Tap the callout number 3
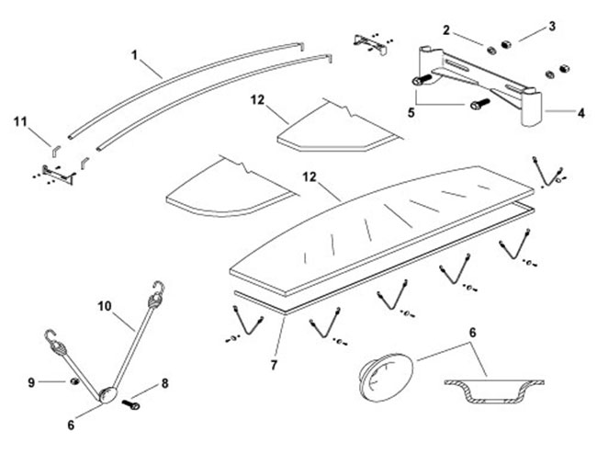click(x=552, y=27)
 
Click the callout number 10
click(x=101, y=302)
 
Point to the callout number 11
click(x=20, y=120)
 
